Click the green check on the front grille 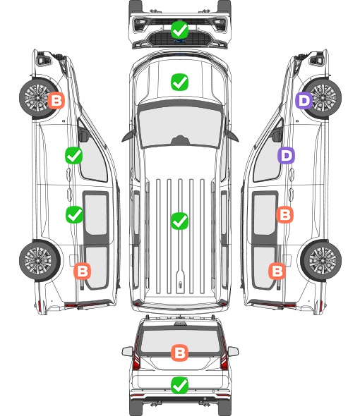(x=180, y=30)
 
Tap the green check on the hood (x=180, y=82)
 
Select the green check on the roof (x=180, y=221)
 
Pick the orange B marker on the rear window (x=180, y=353)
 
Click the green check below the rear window (x=180, y=385)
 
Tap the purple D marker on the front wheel (x=304, y=101)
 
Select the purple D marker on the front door (x=286, y=155)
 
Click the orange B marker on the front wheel (x=56, y=100)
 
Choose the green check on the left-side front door (x=74, y=155)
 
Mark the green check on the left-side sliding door (x=75, y=214)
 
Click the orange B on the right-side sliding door (x=284, y=214)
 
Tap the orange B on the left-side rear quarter (x=83, y=271)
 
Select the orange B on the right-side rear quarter (x=277, y=271)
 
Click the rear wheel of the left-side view (x=40, y=261)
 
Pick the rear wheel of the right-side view (x=321, y=261)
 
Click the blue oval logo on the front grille (x=180, y=41)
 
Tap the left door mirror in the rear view (x=127, y=352)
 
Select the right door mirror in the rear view (x=233, y=352)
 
